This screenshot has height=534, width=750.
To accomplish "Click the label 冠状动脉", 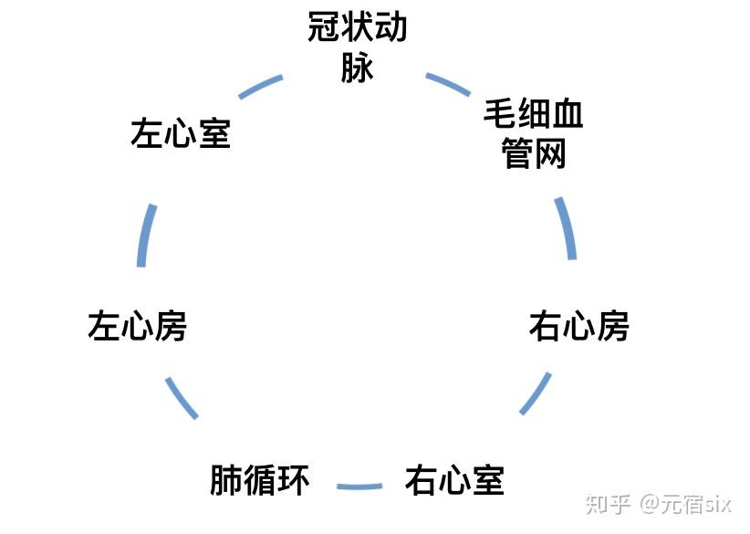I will [357, 47].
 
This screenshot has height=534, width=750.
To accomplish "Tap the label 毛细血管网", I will [534, 133].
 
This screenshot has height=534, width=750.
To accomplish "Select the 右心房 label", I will [579, 326].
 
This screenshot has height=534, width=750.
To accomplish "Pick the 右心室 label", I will [454, 479].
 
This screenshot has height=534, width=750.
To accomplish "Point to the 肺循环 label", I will [260, 479].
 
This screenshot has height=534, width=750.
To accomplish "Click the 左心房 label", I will [138, 326].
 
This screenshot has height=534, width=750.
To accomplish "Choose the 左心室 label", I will [181, 135].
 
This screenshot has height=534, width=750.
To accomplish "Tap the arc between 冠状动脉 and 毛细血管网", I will [448, 85].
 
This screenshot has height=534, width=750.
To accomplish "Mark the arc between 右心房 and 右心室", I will [536, 393].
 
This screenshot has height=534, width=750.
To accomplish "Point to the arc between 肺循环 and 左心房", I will [181, 397].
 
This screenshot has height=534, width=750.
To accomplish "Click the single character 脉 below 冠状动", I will [357, 68].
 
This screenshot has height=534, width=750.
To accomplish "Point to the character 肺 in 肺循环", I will [226, 479].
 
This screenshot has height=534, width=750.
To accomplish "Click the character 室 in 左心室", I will [214, 135].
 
